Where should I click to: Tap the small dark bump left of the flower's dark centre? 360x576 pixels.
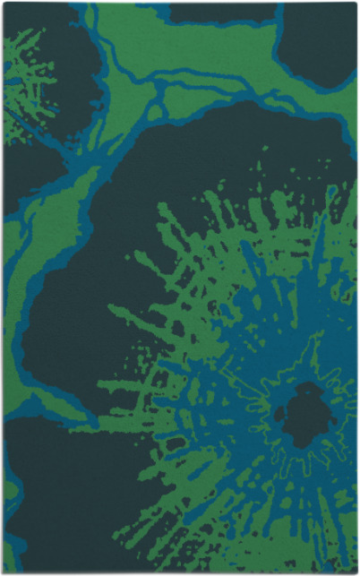pos(279,414)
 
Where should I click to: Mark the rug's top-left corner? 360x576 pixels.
pos(4,4)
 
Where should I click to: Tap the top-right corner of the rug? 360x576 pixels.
pos(356,4)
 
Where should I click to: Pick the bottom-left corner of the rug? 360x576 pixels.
pos(4,572)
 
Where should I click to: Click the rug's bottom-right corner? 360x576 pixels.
pos(356,572)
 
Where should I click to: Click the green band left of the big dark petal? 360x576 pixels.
pos(27,296)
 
